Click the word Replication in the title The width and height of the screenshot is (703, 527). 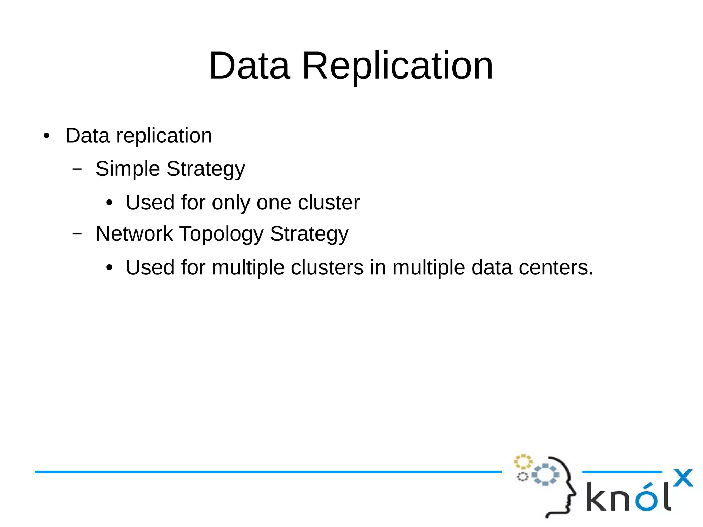pyautogui.click(x=397, y=66)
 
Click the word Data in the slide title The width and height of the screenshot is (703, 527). pyautogui.click(x=250, y=66)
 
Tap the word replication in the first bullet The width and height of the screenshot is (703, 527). pyautogui.click(x=164, y=136)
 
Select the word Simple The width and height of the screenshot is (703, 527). pyautogui.click(x=128, y=169)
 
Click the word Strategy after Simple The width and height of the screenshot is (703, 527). pyautogui.click(x=206, y=169)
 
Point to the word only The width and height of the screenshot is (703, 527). pyautogui.click(x=231, y=203)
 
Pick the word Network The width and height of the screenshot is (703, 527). pyautogui.click(x=134, y=234)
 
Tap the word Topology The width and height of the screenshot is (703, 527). pyautogui.click(x=221, y=234)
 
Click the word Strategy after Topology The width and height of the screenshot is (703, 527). pyautogui.click(x=309, y=234)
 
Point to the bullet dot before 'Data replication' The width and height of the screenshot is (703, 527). pyautogui.click(x=47, y=136)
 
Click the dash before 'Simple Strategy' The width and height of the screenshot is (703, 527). pyautogui.click(x=77, y=169)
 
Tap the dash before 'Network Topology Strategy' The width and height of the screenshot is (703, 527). pyautogui.click(x=77, y=234)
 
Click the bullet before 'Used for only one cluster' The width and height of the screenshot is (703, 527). pyautogui.click(x=109, y=203)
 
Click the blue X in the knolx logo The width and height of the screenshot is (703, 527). pyautogui.click(x=683, y=478)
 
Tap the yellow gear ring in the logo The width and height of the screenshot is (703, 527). pyautogui.click(x=523, y=461)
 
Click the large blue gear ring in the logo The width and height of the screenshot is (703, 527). pyautogui.click(x=545, y=474)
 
